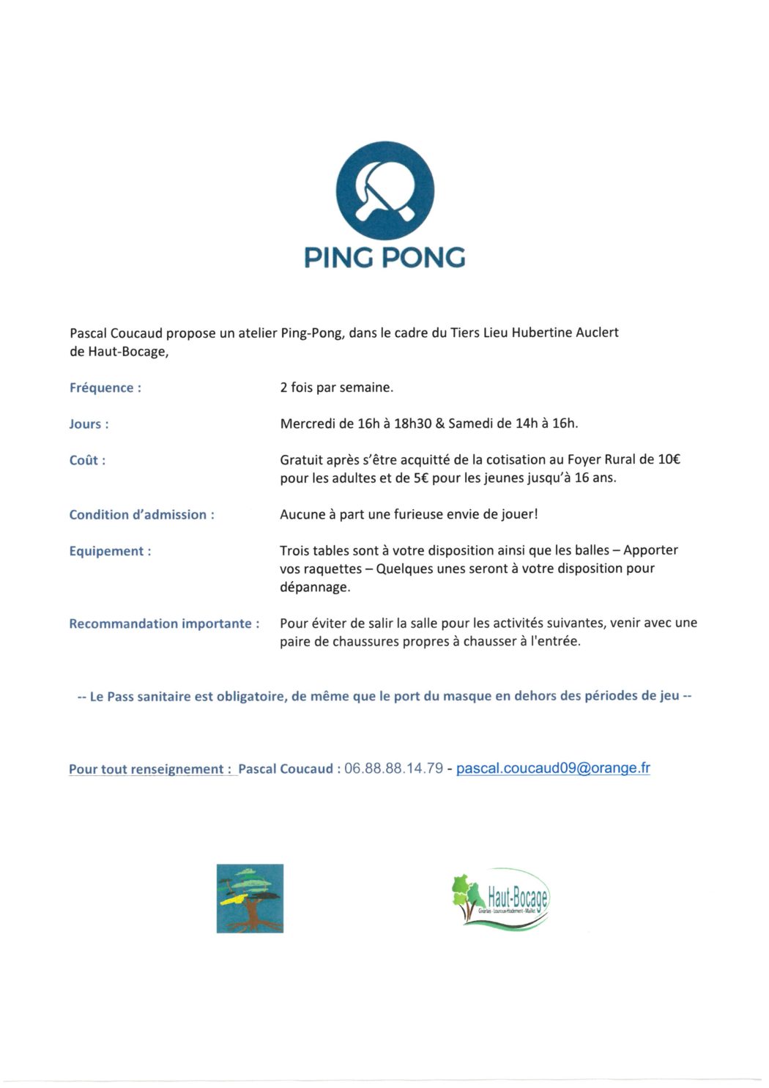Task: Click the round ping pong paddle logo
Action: (x=384, y=191)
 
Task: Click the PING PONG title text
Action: (x=384, y=257)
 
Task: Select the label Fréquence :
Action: (x=105, y=388)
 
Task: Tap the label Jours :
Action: (x=89, y=424)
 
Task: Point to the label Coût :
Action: (x=87, y=461)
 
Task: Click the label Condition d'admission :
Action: (x=141, y=515)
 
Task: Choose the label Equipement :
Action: (x=110, y=552)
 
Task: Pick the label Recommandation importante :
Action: (x=164, y=624)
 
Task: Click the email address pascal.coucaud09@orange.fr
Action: (x=553, y=769)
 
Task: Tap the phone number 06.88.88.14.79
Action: (x=393, y=769)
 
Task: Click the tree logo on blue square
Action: (x=250, y=898)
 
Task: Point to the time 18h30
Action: (x=413, y=423)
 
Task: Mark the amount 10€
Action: (x=669, y=460)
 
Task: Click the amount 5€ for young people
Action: (x=421, y=478)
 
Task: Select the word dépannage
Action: (x=315, y=588)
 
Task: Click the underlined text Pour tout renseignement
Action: (x=149, y=769)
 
